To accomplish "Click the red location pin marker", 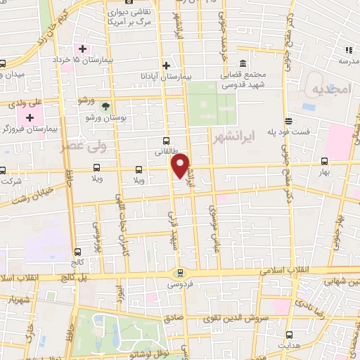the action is pyautogui.click(x=181, y=165).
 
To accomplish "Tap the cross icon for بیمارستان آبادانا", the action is pyautogui.click(x=166, y=65).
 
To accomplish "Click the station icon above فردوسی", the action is pyautogui.click(x=181, y=274).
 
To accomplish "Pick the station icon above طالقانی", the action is pyautogui.click(x=166, y=140).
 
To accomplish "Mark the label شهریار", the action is pyautogui.click(x=20, y=299).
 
